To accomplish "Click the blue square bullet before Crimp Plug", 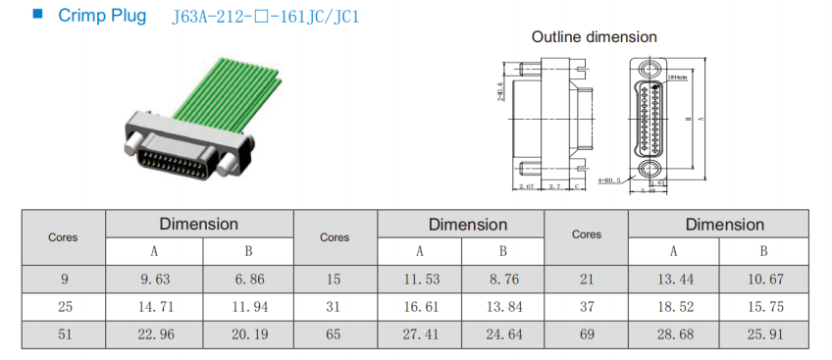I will [x=37, y=16].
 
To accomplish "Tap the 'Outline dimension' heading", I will [x=594, y=36].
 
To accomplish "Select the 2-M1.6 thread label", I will [x=500, y=94].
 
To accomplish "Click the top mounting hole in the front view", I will [x=650, y=70].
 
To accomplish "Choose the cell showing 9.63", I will [x=154, y=279].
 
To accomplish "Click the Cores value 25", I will [x=65, y=306].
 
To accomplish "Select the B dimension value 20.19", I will [x=249, y=334].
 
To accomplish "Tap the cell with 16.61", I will [x=419, y=306].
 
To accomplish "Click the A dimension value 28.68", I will [x=673, y=334].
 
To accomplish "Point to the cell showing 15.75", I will [x=763, y=306].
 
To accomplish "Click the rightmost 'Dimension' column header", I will [x=718, y=225].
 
